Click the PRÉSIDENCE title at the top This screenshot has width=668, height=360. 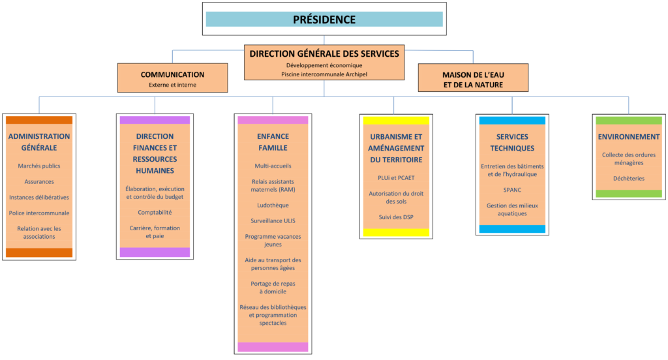coord(324,20)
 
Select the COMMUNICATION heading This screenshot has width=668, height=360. coord(172,75)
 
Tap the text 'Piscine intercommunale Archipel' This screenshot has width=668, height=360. coord(324,74)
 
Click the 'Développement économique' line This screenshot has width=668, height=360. coord(324,65)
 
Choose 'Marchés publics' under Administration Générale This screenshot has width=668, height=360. coord(39,166)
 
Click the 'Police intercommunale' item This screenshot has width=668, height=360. coord(39,213)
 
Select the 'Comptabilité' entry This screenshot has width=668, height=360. coord(155,213)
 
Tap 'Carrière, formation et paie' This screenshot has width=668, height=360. coord(155,232)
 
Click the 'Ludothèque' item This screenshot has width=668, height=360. coord(273,205)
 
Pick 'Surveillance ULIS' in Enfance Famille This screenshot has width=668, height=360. coord(273,221)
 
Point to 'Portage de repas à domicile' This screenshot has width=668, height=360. coord(273,288)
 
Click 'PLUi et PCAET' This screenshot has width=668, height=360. coord(395,177)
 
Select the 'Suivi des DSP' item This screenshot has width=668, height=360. coord(395,217)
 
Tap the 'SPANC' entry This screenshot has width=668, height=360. coord(511,190)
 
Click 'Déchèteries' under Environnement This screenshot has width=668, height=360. coord(628,178)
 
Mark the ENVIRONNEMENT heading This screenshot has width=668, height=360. coord(628,137)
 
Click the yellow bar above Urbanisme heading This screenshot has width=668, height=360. coord(395,120)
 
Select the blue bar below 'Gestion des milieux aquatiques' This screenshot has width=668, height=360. coord(511,229)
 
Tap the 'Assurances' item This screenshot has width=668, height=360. coord(39,182)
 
